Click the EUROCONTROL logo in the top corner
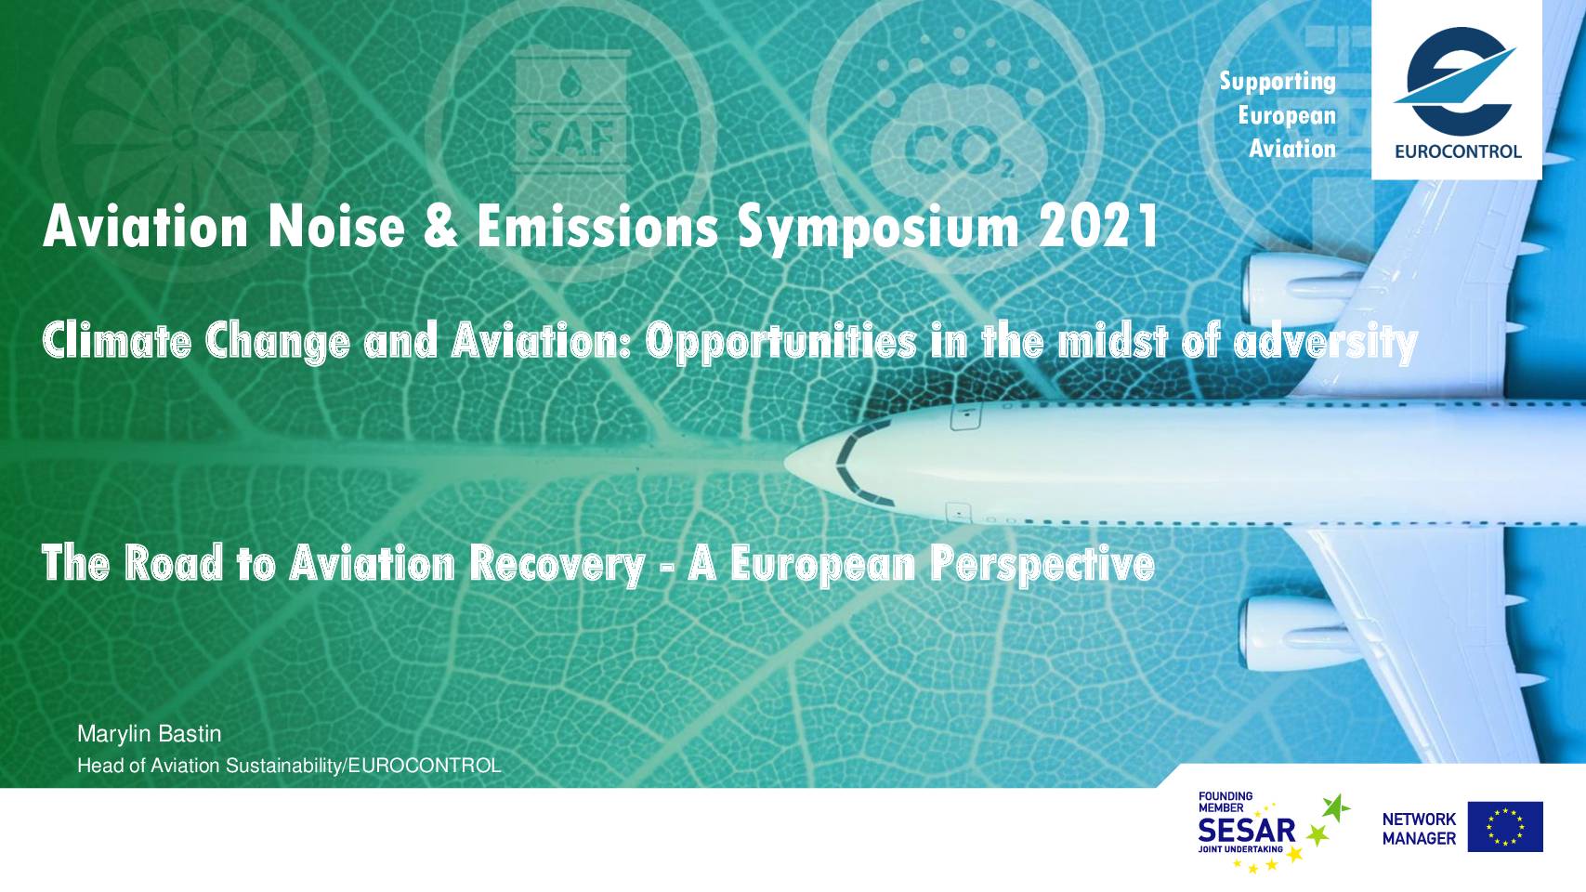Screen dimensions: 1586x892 pos(1457,90)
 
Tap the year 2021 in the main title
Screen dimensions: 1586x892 pos(1098,227)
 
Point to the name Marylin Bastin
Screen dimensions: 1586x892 pos(150,734)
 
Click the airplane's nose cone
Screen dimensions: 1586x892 pos(814,462)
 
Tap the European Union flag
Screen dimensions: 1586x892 pos(1505,827)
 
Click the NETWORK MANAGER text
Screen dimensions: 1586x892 pos(1419,829)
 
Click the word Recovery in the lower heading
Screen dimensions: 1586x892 pos(557,565)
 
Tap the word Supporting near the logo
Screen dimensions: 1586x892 pos(1278,82)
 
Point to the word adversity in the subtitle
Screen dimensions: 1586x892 pos(1326,342)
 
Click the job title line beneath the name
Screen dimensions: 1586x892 pos(289,766)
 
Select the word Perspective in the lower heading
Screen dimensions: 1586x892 pos(1042,565)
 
